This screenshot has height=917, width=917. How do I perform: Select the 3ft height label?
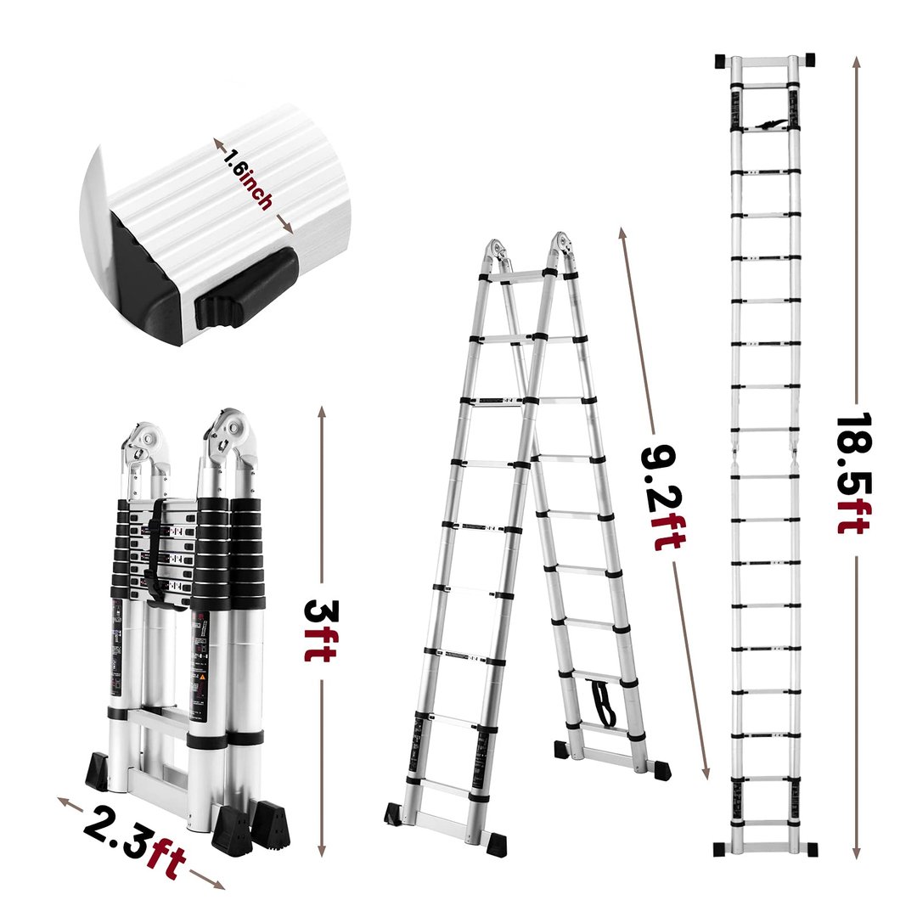(320, 631)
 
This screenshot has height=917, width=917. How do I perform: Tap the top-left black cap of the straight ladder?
(721, 61)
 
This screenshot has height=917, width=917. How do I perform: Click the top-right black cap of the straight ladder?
(809, 59)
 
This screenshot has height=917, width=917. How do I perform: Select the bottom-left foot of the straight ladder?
(721, 850)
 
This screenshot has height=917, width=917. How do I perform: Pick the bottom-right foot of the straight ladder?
(810, 850)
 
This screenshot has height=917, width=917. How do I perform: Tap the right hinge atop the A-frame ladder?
(561, 250)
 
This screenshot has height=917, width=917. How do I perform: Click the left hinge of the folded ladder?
(143, 445)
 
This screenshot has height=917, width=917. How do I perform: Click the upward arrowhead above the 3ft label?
(321, 415)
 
